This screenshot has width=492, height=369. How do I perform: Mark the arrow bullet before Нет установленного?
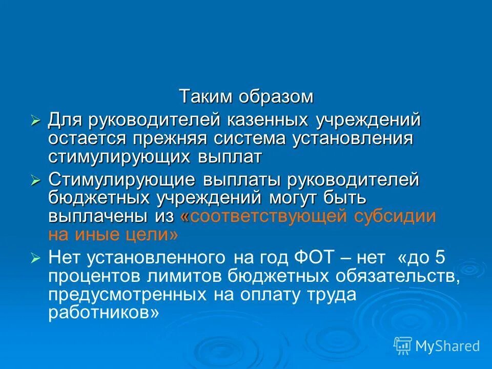pyautogui.click(x=35, y=258)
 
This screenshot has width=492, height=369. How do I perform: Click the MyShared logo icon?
pyautogui.click(x=403, y=345)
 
